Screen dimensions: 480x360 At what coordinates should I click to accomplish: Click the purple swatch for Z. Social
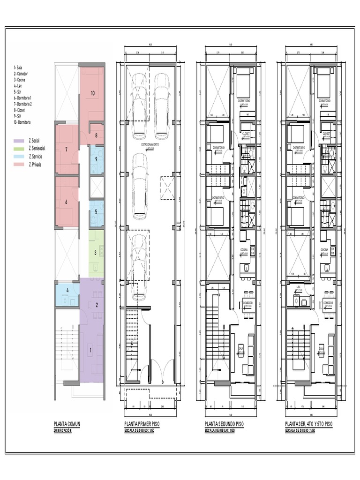19,141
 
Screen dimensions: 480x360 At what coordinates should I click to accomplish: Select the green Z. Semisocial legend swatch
19,149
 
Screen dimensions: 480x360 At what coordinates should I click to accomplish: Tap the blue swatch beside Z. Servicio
19,157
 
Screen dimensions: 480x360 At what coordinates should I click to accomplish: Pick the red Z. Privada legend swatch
19,165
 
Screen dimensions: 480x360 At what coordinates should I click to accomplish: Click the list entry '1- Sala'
18,68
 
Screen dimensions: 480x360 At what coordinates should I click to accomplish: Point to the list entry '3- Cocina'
20,80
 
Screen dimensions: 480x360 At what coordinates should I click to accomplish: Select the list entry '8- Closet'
20,110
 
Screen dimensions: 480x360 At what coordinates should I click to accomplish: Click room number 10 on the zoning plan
92,93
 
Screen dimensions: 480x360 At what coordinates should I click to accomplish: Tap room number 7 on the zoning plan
67,150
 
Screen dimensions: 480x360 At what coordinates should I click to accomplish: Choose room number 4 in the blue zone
67,291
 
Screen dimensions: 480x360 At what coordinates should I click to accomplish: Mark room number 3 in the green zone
95,253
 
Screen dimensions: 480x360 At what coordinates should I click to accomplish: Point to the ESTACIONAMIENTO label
147,145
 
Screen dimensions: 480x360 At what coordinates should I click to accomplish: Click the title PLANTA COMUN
67,424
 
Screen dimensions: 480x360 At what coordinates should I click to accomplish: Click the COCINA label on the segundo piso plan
244,250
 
